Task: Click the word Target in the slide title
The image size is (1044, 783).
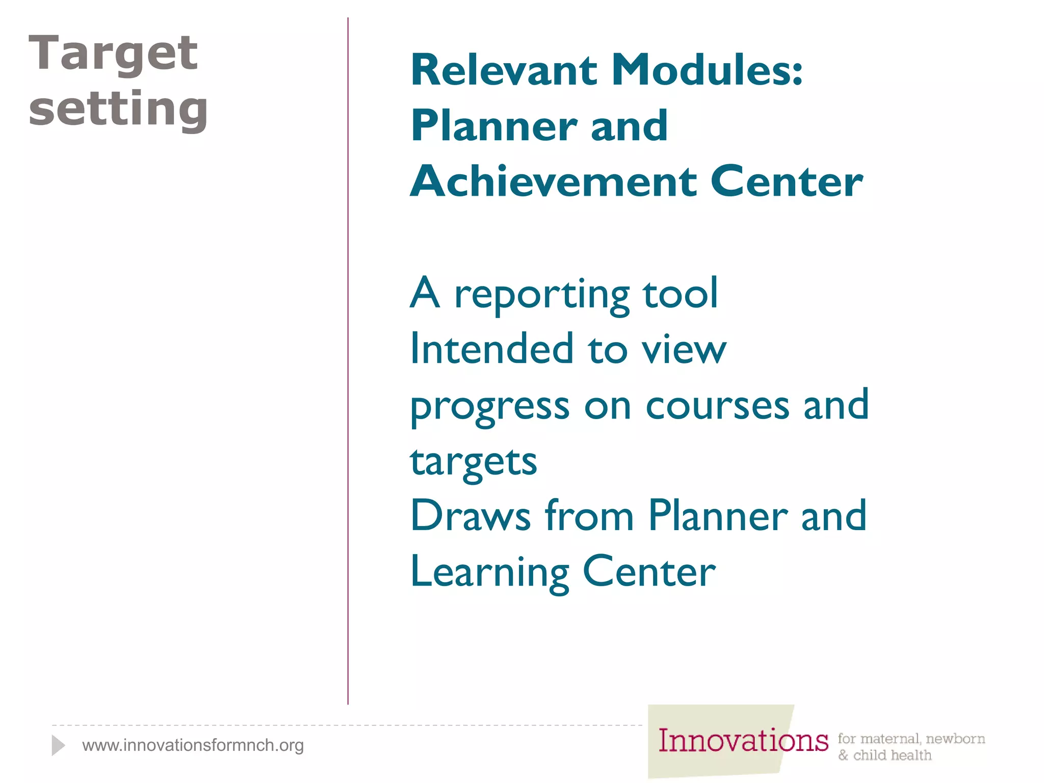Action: point(113,54)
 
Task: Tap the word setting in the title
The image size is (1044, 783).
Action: point(118,109)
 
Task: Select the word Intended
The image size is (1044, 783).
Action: point(492,349)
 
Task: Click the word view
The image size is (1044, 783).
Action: point(684,350)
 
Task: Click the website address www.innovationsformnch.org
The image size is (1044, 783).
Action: point(193,745)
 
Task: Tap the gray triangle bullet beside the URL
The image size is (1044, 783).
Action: point(58,745)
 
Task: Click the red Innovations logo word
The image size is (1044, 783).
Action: point(743,741)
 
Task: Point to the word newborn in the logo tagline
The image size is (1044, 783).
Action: point(955,739)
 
